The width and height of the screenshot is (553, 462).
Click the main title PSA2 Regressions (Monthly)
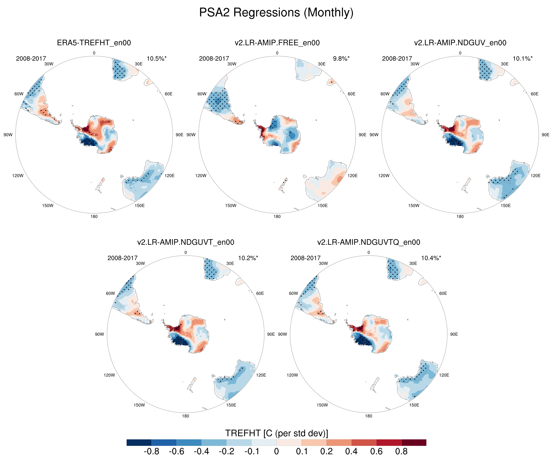pyautogui.click(x=276, y=12)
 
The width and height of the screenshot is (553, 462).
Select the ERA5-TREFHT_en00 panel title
pyautogui.click(x=94, y=43)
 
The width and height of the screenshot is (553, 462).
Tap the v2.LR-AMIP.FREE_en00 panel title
pyautogui.click(x=277, y=43)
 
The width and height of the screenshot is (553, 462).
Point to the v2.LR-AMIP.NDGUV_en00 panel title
pyautogui.click(x=460, y=43)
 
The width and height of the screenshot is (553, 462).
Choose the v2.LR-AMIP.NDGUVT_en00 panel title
pyautogui.click(x=186, y=242)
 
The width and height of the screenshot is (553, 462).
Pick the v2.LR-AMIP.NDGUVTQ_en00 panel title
pyautogui.click(x=369, y=242)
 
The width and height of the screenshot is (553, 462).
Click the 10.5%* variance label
pyautogui.click(x=156, y=59)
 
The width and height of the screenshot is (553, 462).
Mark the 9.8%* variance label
pyautogui.click(x=341, y=59)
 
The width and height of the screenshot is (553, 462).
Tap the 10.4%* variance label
pyautogui.click(x=431, y=258)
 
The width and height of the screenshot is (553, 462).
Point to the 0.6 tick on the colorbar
pyautogui.click(x=376, y=452)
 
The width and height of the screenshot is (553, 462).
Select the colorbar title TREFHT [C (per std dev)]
pyautogui.click(x=276, y=433)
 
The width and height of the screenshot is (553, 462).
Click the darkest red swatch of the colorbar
pyautogui.click(x=414, y=442)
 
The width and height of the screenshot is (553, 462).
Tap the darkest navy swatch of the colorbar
pyautogui.click(x=139, y=442)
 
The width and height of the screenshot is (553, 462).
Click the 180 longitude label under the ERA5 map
pyautogui.click(x=94, y=216)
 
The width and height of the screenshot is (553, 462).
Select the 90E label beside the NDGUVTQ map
pyautogui.click(x=454, y=334)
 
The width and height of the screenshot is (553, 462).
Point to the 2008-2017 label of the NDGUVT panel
pyautogui.click(x=123, y=258)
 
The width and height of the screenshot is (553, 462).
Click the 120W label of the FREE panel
pyautogui.click(x=201, y=176)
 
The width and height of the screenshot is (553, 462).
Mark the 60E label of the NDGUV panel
pyautogui.click(x=534, y=94)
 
